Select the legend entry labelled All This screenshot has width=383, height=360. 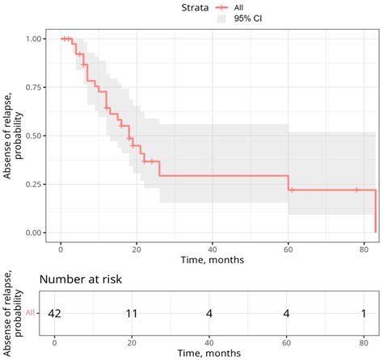238,6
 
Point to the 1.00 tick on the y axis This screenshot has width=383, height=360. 36,39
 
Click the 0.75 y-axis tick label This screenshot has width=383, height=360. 36,87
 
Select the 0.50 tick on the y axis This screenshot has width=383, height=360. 36,136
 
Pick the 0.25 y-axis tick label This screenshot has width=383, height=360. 36,184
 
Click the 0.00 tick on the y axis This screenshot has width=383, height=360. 36,232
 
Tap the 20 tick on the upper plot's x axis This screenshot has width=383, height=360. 137,249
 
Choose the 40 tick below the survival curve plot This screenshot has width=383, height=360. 212,249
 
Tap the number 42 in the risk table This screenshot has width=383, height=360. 55,312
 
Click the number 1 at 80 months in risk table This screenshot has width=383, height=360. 362,312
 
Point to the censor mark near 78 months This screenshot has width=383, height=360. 356,190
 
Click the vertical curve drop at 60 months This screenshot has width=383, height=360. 288,182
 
